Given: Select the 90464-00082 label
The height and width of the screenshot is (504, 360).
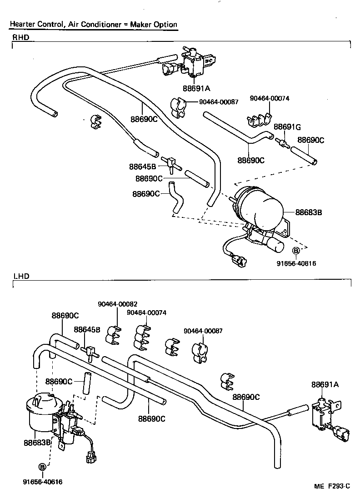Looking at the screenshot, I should coord(117,304).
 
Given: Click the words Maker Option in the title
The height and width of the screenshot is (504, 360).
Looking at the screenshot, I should coord(154,25).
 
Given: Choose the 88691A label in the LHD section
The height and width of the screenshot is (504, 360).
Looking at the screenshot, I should coord(325,384).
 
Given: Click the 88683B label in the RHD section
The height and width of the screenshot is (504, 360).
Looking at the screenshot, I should coord(309,212).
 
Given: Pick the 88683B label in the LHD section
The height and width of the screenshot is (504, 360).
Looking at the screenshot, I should coord(37,442).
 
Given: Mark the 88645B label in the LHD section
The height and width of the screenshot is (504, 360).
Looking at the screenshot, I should coord(87,329).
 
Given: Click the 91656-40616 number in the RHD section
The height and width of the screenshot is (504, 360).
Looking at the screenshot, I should coord(296,263).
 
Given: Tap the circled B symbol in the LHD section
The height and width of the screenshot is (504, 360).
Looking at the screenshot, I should coord(42,467).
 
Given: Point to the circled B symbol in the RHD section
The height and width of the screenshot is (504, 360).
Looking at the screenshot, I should coord(295,251).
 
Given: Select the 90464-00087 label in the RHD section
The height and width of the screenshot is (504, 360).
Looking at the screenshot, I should coord(219,102).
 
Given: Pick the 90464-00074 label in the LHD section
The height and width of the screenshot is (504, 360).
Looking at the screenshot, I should coord(146,312).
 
